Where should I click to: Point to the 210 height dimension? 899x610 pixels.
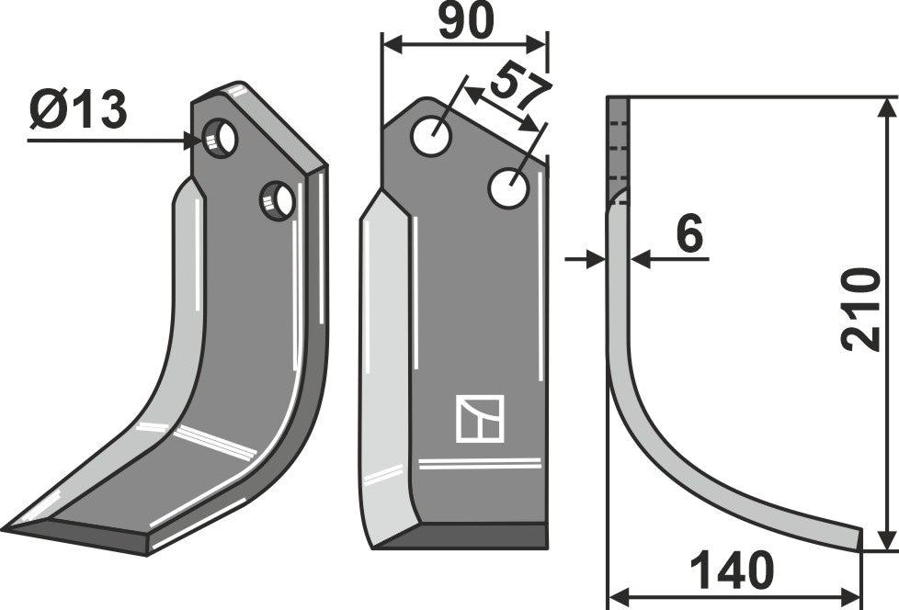[x=860, y=309]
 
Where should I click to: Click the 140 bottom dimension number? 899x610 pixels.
[x=733, y=571]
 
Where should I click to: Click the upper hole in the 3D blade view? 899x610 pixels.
[x=221, y=139]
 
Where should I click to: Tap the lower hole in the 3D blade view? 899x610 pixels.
[x=278, y=200]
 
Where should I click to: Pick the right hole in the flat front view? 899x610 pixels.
[x=508, y=188]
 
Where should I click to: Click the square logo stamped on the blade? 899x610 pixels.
[x=480, y=418]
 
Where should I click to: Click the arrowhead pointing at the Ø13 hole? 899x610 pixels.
[x=193, y=141]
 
